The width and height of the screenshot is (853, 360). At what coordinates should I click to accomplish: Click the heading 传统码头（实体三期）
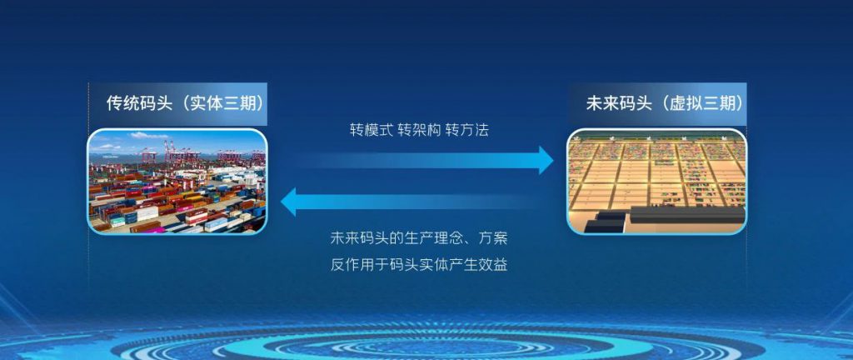pyautogui.click(x=181, y=103)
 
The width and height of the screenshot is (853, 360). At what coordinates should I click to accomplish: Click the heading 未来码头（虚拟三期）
pyautogui.click(x=664, y=103)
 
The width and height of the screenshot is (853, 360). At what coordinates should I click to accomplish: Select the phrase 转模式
pyautogui.click(x=371, y=131)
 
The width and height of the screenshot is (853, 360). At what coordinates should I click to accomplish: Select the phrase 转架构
pyautogui.click(x=418, y=131)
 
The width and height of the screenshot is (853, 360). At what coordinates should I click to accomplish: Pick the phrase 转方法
pyautogui.click(x=466, y=131)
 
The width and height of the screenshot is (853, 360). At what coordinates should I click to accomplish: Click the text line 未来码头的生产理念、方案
pyautogui.click(x=419, y=238)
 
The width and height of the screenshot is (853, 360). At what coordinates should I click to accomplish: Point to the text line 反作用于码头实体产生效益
pyautogui.click(x=419, y=265)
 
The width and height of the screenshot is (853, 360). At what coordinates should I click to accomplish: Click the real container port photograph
pyautogui.click(x=177, y=182)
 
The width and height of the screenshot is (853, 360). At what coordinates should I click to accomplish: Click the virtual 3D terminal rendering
pyautogui.click(x=656, y=182)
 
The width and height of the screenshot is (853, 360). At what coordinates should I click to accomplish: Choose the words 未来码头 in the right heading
pyautogui.click(x=618, y=103)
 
